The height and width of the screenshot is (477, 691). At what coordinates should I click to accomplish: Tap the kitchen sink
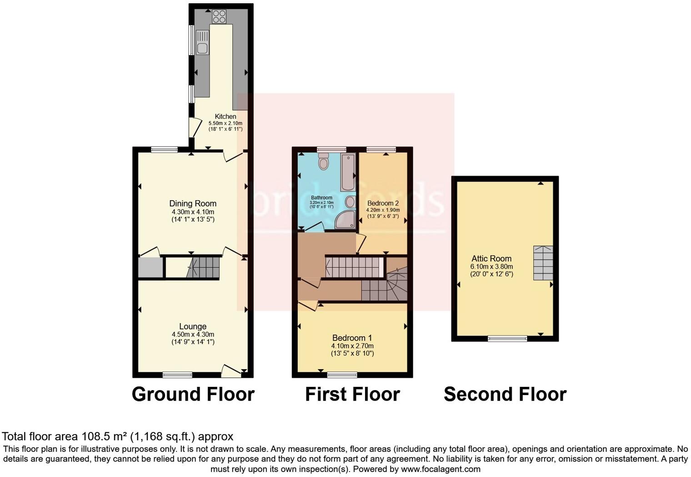[202, 42]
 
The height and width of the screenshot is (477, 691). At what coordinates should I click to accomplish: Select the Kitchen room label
[225, 117]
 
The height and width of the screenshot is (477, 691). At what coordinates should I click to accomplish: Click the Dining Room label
[193, 203]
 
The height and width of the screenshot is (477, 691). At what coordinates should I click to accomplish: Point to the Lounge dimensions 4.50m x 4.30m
[193, 335]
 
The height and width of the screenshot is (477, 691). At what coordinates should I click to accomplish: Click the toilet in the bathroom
[324, 161]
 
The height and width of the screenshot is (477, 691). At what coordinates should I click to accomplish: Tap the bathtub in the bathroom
[348, 173]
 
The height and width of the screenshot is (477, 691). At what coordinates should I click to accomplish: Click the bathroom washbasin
[351, 202]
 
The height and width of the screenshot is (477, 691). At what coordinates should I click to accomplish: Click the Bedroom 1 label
[352, 338]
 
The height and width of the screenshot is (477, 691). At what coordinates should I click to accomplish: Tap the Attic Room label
[491, 259]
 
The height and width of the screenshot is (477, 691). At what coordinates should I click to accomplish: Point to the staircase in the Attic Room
[543, 263]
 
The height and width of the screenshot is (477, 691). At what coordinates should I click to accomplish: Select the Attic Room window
[508, 338]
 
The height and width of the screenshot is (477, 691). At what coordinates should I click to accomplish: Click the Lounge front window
[177, 375]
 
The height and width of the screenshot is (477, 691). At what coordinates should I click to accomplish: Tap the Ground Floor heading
[193, 394]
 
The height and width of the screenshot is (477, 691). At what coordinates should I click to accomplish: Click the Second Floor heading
[505, 394]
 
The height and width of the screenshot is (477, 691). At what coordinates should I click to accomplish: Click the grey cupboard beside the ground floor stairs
[150, 268]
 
